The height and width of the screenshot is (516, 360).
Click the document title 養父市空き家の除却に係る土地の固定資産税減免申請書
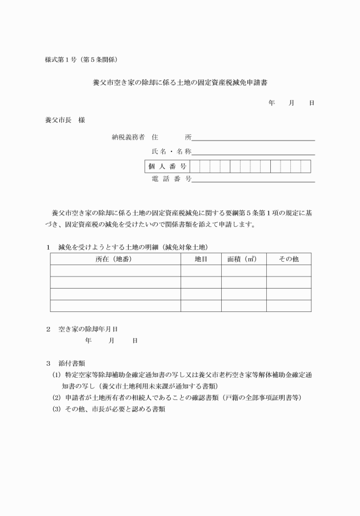(180, 82)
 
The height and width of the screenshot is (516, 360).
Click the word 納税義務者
(129, 137)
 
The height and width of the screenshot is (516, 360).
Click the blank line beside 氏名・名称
(254, 151)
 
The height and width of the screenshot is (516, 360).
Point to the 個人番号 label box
(167, 166)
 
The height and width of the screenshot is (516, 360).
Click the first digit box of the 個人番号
(195, 166)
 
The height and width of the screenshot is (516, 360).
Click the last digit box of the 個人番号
(306, 166)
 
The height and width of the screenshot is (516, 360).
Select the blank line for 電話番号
(254, 179)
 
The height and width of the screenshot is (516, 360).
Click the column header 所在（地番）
(115, 259)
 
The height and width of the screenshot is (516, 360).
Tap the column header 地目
(201, 259)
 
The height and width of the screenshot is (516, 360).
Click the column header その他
(289, 259)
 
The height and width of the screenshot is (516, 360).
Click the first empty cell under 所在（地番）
(115, 271)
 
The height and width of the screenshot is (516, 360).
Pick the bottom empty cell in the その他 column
(289, 306)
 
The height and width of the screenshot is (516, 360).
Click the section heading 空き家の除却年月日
(92, 330)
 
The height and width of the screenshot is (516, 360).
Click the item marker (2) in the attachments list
(56, 397)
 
